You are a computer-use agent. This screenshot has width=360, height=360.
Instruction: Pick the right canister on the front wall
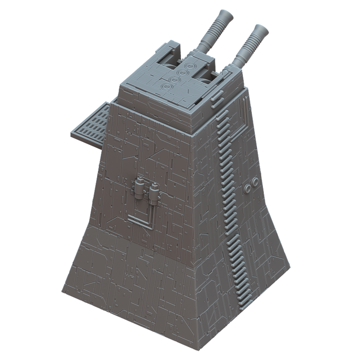[154, 191]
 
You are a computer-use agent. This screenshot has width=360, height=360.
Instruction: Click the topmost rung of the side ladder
[220, 113]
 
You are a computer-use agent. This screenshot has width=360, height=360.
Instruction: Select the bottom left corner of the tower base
[62, 293]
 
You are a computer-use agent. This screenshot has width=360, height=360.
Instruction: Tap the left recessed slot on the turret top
[171, 63]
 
